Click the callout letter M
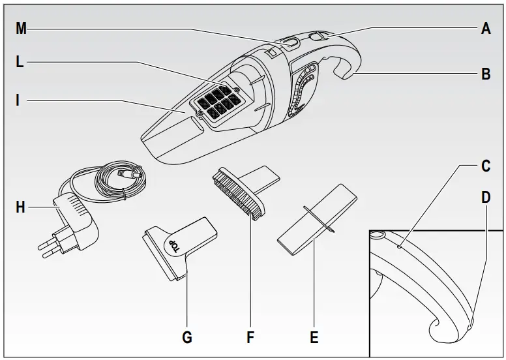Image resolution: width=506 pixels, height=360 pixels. tap(21, 29)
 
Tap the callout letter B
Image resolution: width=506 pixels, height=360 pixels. tap(486, 74)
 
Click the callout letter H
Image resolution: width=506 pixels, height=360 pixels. tap(20, 207)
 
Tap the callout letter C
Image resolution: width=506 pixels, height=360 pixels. tap(486, 166)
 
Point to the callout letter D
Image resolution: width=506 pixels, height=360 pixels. tap(486, 197)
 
